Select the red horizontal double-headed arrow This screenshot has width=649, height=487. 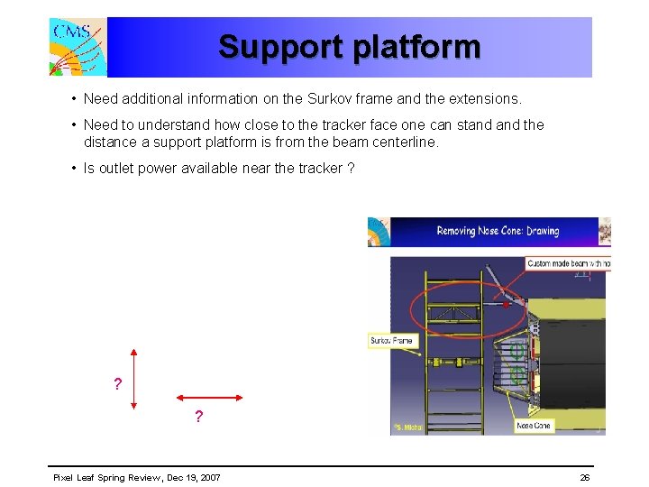click(209, 396)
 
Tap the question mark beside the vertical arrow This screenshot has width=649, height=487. click(117, 385)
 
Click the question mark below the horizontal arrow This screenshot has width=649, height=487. click(198, 418)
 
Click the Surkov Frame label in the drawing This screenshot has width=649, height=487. click(391, 341)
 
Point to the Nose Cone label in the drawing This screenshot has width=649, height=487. click(535, 425)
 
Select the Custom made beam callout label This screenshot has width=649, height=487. click(568, 263)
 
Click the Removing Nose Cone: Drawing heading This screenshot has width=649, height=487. click(498, 231)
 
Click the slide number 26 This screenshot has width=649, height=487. click(585, 477)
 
